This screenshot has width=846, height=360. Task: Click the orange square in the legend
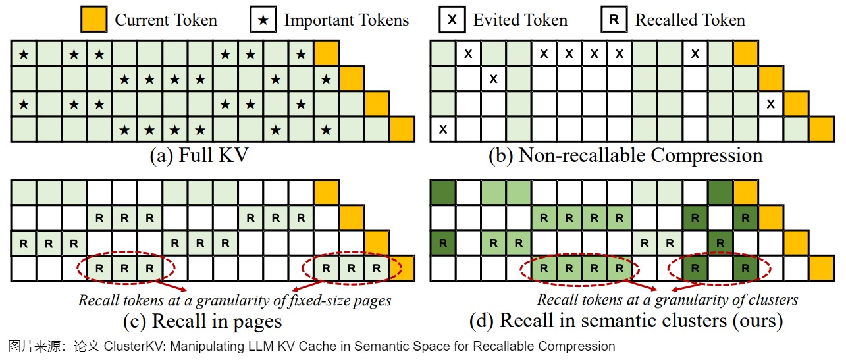coord(93,20)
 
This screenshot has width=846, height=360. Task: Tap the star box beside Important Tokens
coord(263,20)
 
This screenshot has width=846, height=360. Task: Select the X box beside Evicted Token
coord(452,20)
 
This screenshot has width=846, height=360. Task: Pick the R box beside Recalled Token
coord(614,20)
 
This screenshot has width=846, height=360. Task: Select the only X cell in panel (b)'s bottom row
coord(442,129)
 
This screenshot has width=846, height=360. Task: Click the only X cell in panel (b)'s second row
coord(493,79)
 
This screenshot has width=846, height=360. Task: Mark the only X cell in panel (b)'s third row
coord(771,104)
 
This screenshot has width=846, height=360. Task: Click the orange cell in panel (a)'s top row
coord(327,53)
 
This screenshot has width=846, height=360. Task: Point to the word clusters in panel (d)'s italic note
coord(770,300)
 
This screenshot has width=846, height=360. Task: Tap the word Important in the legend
coord(313,20)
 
